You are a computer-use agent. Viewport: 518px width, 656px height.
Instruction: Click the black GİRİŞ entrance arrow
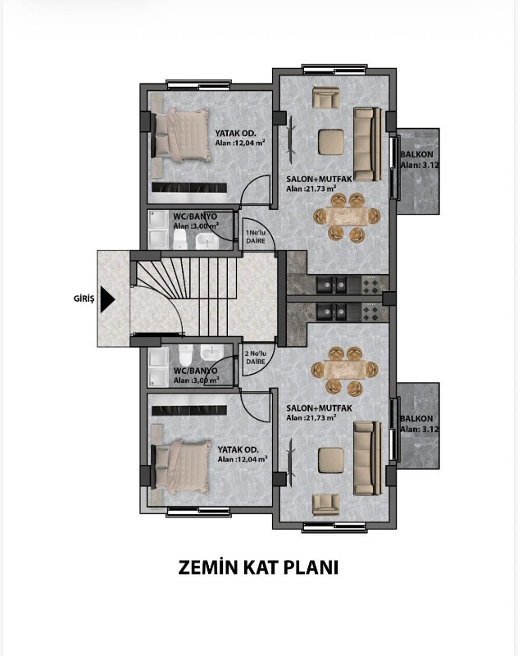tap(107, 299)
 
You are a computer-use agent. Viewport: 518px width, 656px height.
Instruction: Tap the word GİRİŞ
tap(84, 298)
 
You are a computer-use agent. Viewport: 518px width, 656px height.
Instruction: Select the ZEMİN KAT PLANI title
tap(258, 567)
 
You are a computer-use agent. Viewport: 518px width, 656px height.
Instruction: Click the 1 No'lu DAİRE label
tap(256, 237)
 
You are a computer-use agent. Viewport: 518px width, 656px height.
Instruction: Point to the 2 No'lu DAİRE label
tap(256, 358)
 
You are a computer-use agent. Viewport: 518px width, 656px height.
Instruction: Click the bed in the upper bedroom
tap(181, 134)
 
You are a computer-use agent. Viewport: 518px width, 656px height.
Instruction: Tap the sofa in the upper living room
tap(367, 145)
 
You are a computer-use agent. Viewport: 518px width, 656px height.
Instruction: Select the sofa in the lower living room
tap(367, 458)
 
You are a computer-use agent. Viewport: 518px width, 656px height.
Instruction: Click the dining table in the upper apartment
tap(347, 217)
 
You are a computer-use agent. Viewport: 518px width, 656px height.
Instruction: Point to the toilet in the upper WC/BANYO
tap(179, 239)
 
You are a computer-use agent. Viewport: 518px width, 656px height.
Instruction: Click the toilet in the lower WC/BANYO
tap(184, 355)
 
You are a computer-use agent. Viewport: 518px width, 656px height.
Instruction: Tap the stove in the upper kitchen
tap(370, 285)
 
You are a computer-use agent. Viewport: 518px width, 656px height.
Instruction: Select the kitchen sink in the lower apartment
tap(333, 312)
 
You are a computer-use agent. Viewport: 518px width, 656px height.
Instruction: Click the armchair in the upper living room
tap(326, 98)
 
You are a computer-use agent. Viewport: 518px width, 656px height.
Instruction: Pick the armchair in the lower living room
tap(326, 505)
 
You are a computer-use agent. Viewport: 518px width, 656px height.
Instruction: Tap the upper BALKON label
tap(417, 154)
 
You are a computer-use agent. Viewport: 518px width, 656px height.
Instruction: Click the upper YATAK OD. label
tap(236, 134)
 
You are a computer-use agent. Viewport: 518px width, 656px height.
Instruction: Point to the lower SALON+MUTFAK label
tap(320, 408)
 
